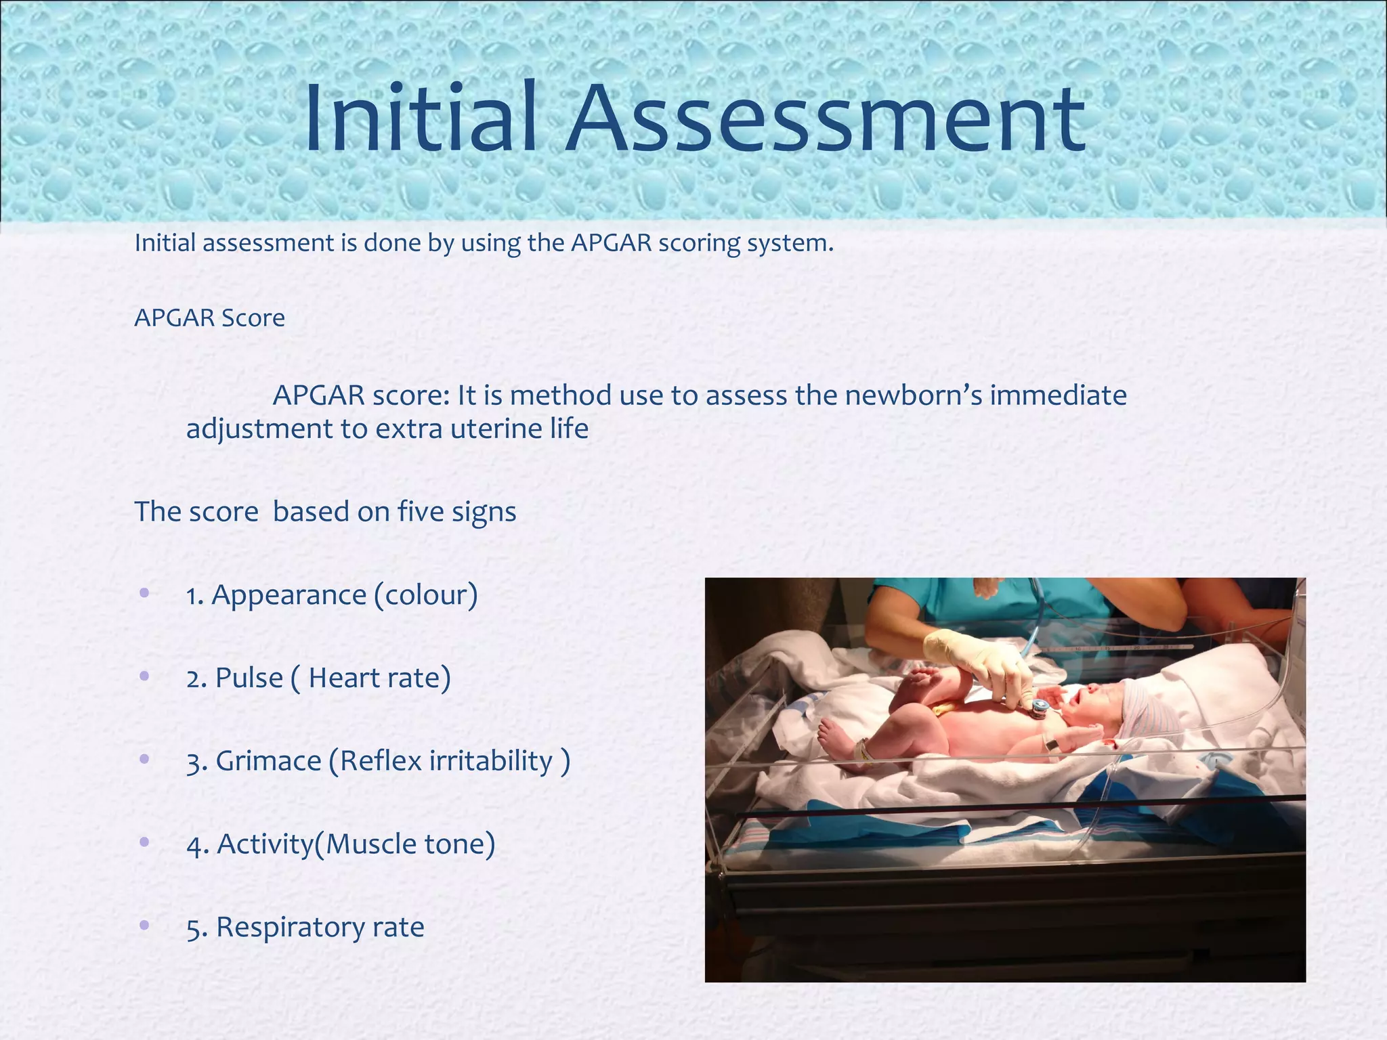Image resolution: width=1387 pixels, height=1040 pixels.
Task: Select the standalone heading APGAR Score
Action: (210, 318)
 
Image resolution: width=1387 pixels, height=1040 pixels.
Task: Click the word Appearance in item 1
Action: (289, 595)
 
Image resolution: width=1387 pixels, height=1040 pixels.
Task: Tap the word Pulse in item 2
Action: (249, 678)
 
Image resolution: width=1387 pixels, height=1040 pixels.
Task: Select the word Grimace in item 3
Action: (268, 761)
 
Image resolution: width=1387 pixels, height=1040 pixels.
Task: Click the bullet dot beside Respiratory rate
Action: (144, 925)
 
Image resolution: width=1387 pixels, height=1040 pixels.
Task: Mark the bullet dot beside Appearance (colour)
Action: (144, 593)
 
